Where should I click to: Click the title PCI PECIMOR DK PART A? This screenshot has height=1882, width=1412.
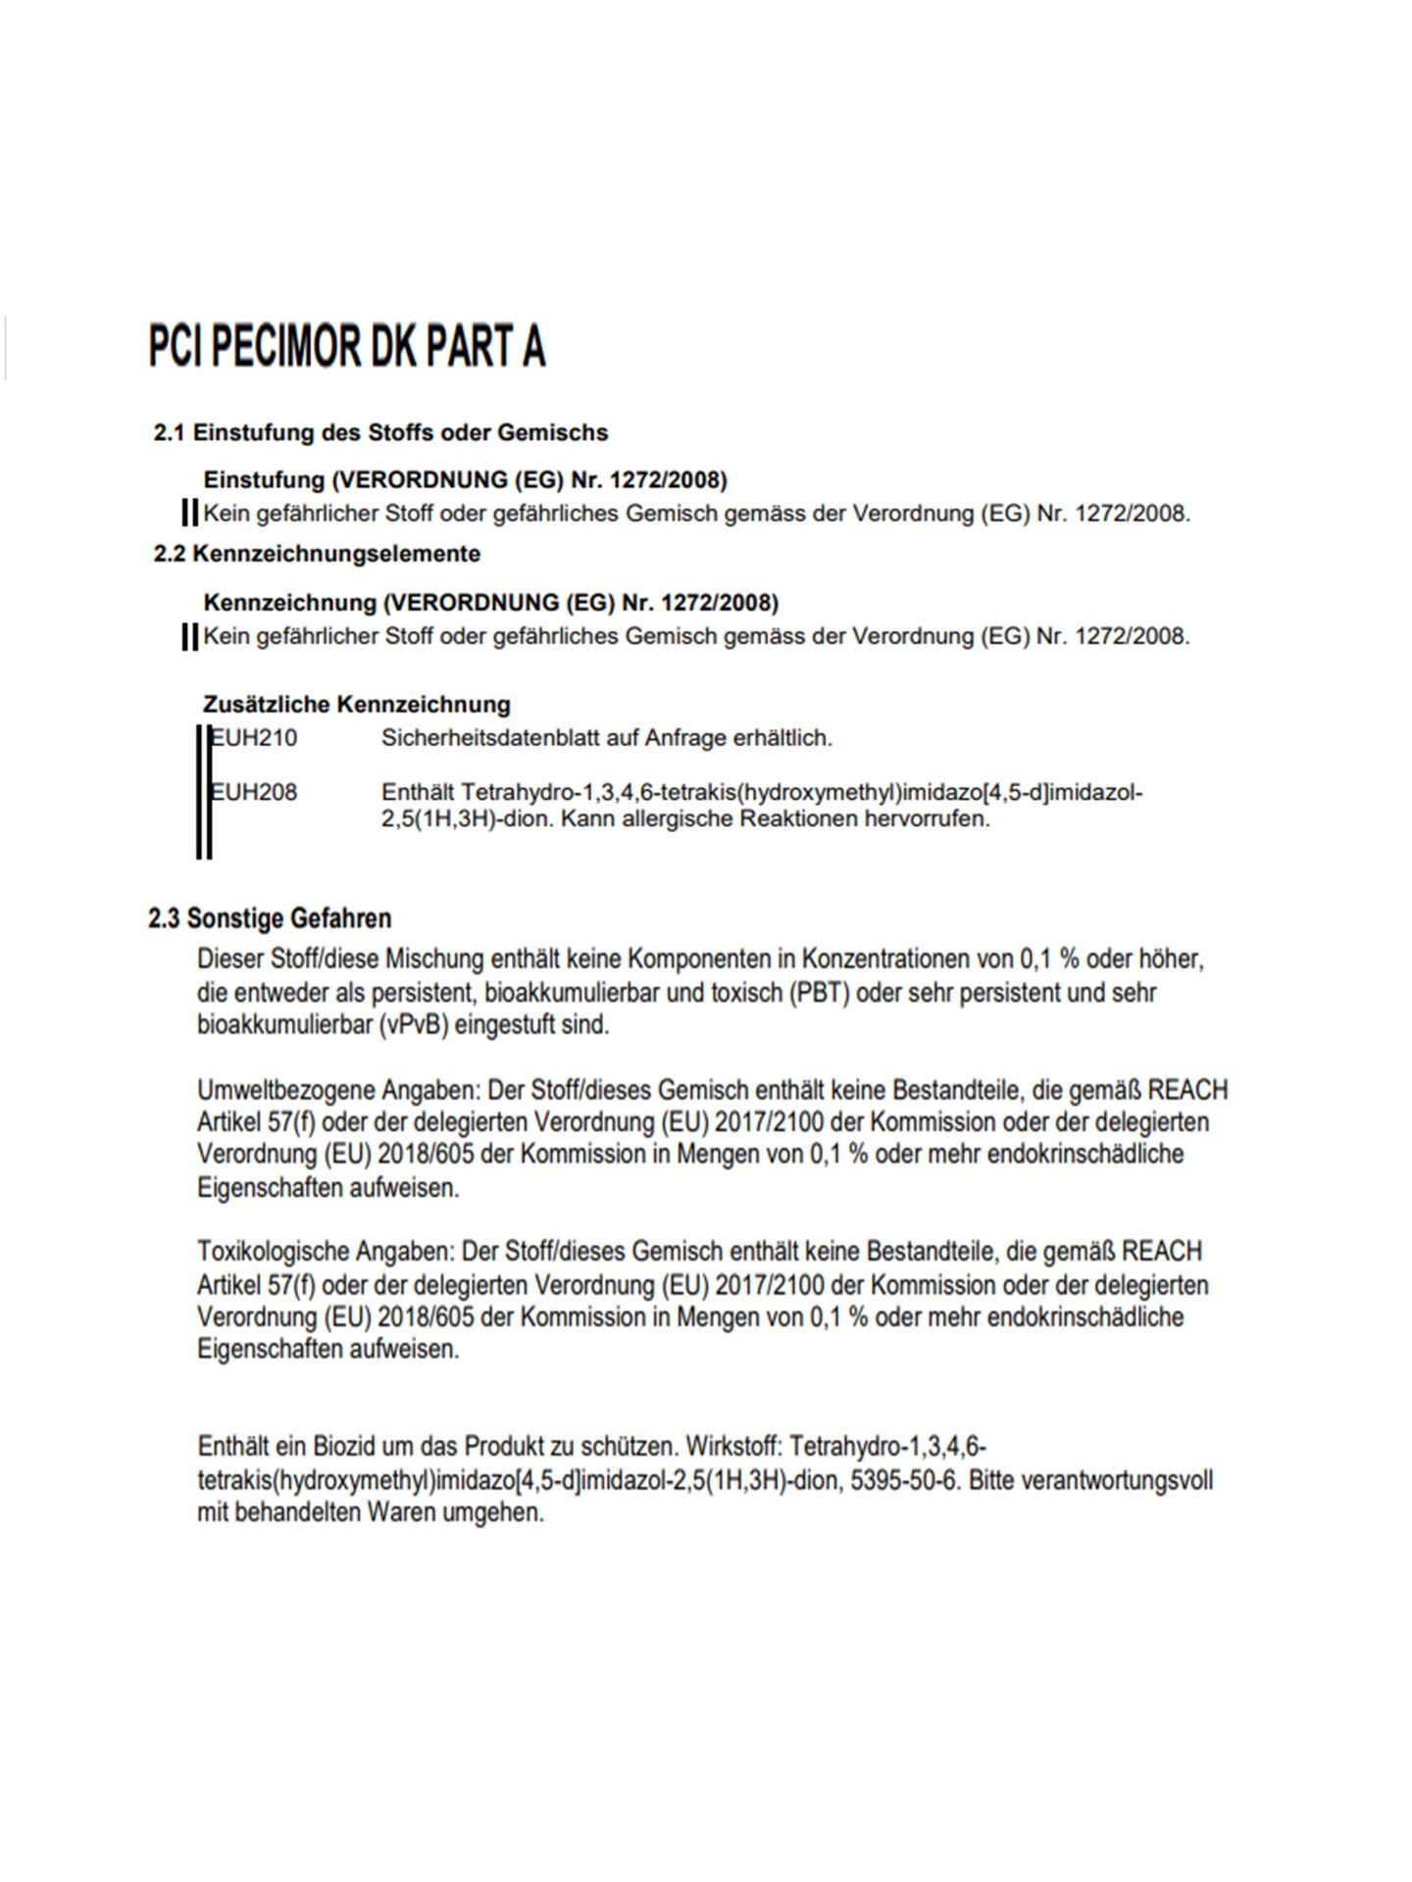(346, 347)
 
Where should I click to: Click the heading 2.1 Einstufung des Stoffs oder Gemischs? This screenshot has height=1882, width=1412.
(380, 432)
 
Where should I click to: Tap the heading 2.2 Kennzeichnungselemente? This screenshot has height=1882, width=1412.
(317, 554)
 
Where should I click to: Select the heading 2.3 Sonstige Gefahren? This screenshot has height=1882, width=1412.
(270, 918)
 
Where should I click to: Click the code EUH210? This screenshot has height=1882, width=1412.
(254, 738)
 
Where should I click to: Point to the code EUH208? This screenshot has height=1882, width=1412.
(254, 792)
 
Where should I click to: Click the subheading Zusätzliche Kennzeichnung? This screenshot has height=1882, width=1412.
(356, 704)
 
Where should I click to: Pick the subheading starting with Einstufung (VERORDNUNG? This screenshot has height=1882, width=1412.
(465, 480)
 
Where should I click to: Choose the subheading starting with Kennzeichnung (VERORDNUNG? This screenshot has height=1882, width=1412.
(490, 602)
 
